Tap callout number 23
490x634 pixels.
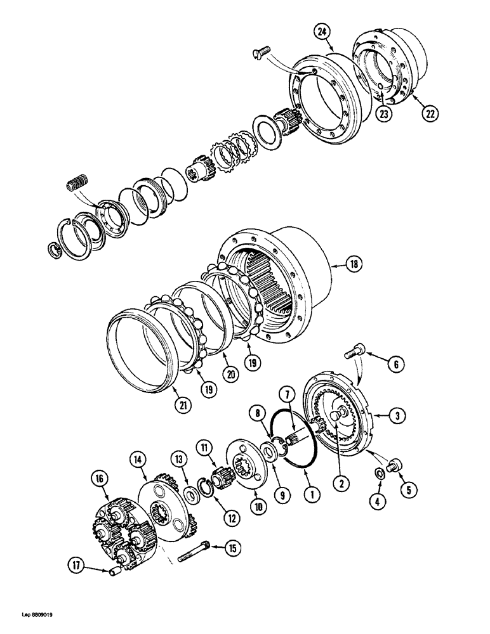tap(383, 114)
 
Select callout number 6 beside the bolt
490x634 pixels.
tap(395, 363)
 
